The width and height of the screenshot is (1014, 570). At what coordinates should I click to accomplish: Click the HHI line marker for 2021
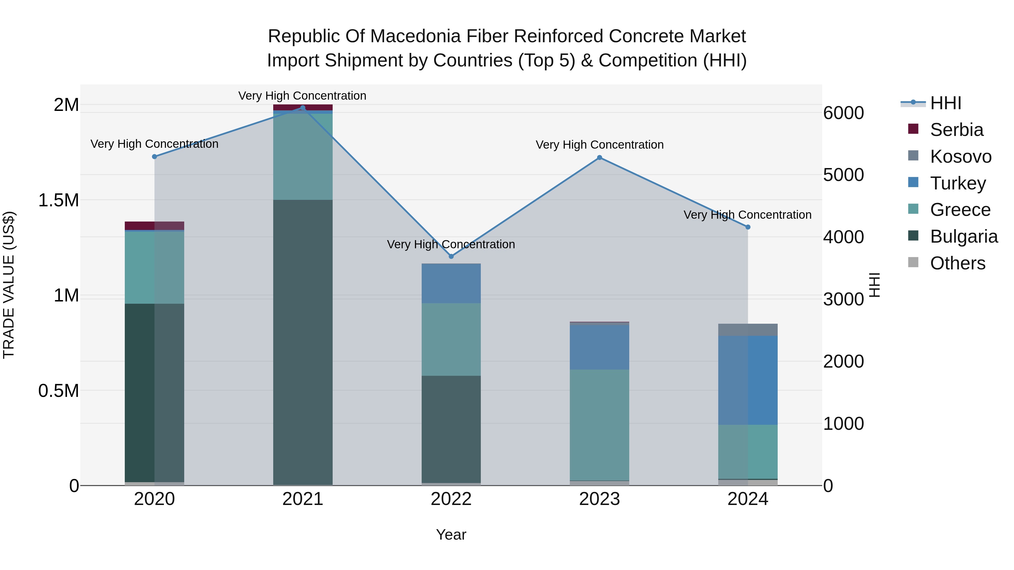303,108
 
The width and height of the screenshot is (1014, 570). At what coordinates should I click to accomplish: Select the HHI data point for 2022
451,256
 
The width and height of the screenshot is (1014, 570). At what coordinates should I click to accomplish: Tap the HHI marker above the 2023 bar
599,158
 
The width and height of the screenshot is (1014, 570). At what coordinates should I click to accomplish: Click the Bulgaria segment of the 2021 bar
303,342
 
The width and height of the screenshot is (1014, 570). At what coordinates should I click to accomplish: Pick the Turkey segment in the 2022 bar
451,283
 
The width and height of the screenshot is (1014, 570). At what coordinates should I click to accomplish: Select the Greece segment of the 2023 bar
599,425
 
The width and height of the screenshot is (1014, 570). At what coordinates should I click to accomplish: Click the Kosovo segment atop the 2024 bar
748,330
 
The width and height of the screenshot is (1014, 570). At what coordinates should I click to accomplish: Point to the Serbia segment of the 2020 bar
154,225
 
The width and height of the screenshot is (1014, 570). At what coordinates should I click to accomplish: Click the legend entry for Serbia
957,130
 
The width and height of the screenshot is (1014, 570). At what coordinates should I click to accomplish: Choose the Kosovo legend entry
960,157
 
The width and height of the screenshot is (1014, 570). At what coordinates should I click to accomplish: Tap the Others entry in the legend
957,263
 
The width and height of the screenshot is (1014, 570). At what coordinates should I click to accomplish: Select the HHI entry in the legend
946,103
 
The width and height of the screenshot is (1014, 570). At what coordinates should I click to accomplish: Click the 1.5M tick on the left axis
58,200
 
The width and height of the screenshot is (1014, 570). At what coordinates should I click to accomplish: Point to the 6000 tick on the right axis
843,113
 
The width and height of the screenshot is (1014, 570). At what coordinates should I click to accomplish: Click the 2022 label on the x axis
451,499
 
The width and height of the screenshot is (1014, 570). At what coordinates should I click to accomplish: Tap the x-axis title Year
451,535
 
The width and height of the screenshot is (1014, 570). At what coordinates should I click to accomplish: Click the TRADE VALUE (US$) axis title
9,285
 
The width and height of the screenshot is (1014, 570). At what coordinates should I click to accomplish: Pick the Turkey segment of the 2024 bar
748,380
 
